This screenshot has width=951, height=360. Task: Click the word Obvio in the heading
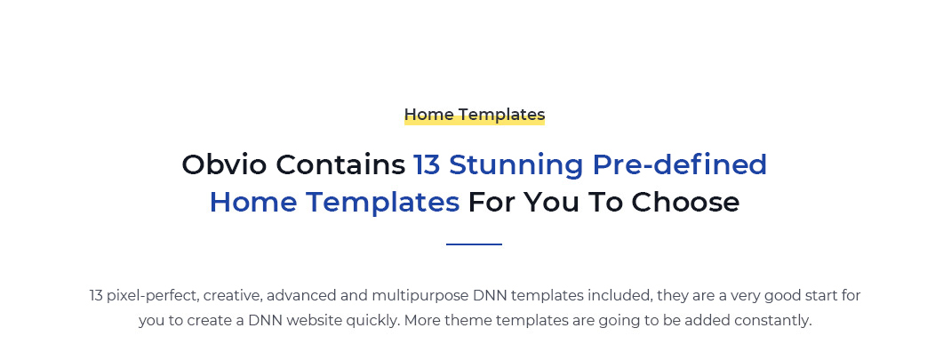click(x=224, y=164)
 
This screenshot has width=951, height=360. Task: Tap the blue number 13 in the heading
click(x=427, y=164)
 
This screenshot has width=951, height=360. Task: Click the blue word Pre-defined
click(x=680, y=164)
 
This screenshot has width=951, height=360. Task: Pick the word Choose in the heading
click(x=685, y=202)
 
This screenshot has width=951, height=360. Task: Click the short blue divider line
click(x=475, y=244)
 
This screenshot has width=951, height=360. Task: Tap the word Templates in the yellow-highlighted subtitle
click(x=501, y=115)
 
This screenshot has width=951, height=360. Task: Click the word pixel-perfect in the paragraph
click(x=152, y=296)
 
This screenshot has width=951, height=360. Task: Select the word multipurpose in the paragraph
click(x=420, y=297)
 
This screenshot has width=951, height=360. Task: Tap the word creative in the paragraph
click(x=233, y=296)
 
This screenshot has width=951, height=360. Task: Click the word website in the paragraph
click(x=313, y=321)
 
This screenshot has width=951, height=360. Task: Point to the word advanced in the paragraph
click(x=294, y=296)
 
